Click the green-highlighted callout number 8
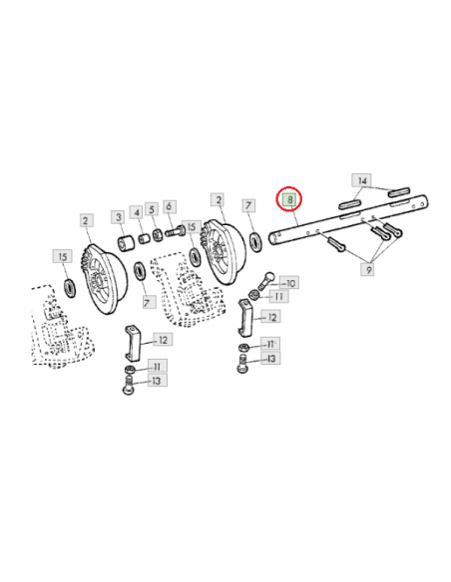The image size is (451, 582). pos(289,199)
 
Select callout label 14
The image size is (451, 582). pos(362,180)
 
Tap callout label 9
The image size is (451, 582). pos(368,269)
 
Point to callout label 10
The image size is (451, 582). pos(289,283)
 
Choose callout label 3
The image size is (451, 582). pos(119,217)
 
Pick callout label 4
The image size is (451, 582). pos(137,212)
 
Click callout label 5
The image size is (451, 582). pos(152,209)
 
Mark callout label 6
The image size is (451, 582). pos(169,206)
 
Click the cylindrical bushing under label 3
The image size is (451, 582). pos(126,243)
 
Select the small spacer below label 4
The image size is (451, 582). pos(144,238)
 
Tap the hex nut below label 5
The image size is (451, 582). pos(157,234)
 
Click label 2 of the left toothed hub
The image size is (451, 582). pos(86,221)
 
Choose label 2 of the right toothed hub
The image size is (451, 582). pos(219,200)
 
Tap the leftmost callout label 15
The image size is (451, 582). pos(63,256)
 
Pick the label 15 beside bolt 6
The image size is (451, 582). pos(192,227)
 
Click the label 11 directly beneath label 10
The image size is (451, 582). pos(278,296)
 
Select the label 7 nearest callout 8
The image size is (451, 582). pos(248,205)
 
